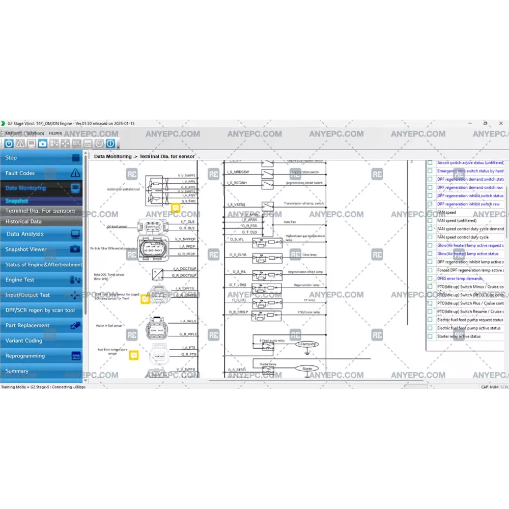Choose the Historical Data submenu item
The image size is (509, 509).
click(x=24, y=221)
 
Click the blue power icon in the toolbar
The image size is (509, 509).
click(x=9, y=144)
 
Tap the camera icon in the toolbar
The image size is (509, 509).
click(x=43, y=144)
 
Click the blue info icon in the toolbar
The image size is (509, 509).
click(x=110, y=144)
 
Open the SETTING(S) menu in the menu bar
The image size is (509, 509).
click(x=35, y=133)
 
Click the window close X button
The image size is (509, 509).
click(x=501, y=123)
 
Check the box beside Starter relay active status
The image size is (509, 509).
click(x=430, y=336)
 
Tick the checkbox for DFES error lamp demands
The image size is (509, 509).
click(x=430, y=278)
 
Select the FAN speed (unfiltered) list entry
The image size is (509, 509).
click(x=457, y=220)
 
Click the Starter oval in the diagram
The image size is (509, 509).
click(x=307, y=368)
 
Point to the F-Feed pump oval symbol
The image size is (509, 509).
click(x=307, y=344)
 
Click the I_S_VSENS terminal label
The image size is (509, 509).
click(x=236, y=205)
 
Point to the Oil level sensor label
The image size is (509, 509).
click(x=117, y=226)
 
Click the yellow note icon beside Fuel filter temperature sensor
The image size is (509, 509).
click(x=134, y=355)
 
